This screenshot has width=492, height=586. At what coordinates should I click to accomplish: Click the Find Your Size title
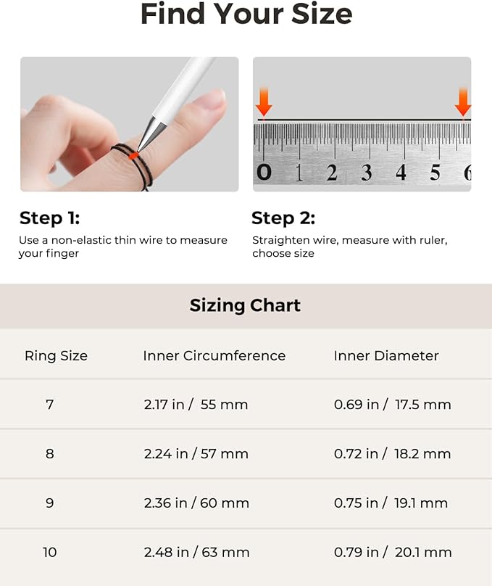[246, 15]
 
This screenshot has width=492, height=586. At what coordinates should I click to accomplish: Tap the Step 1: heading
[49, 218]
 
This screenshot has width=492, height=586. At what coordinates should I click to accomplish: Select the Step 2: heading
[283, 218]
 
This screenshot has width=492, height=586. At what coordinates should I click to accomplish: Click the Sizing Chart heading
[245, 305]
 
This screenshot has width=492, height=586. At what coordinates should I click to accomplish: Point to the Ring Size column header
[56, 355]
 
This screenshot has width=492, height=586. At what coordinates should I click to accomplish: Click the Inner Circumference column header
[214, 355]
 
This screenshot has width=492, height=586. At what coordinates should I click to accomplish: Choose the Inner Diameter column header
[386, 355]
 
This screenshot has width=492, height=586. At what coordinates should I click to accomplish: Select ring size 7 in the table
[49, 405]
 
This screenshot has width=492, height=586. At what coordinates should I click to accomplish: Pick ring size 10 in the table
[49, 553]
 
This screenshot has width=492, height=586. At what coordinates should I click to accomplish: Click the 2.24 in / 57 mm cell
[196, 454]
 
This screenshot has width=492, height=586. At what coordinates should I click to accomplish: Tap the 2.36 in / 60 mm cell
[196, 503]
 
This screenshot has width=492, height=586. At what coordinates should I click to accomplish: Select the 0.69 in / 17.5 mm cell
[392, 405]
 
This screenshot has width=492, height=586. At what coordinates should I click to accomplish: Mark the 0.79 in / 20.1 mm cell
[392, 553]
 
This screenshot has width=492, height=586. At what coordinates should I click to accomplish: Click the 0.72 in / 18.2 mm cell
[392, 454]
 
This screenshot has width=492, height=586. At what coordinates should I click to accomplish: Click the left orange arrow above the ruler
[264, 102]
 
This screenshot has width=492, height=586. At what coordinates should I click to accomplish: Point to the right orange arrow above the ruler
[463, 102]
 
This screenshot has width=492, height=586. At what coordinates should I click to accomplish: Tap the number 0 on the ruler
[264, 172]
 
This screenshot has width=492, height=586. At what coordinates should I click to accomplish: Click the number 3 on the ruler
[367, 173]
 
